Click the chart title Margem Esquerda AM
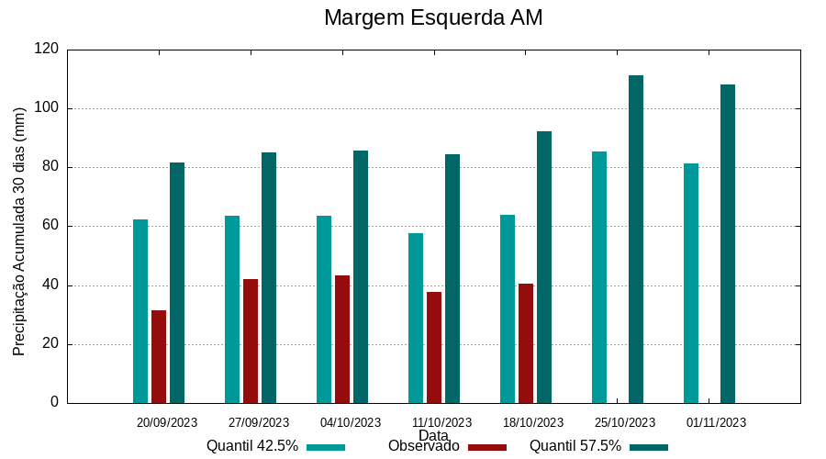click(x=433, y=17)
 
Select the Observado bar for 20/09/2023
click(x=159, y=356)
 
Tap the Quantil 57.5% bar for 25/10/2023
click(x=636, y=239)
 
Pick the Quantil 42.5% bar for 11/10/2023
click(x=416, y=318)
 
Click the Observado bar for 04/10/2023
click(x=342, y=339)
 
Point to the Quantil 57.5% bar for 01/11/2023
click(x=728, y=243)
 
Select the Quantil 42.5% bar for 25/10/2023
click(x=599, y=277)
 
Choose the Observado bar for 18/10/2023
click(x=526, y=343)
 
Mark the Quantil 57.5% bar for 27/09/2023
click(x=269, y=277)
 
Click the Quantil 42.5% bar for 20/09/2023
click(x=140, y=311)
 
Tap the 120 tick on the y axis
click(x=49, y=50)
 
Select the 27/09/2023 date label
click(x=259, y=423)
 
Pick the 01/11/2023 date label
click(x=717, y=423)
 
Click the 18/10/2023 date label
click(x=533, y=423)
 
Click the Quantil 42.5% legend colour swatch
click(x=326, y=447)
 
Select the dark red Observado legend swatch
click(x=487, y=447)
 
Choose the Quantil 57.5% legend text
click(x=575, y=446)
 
